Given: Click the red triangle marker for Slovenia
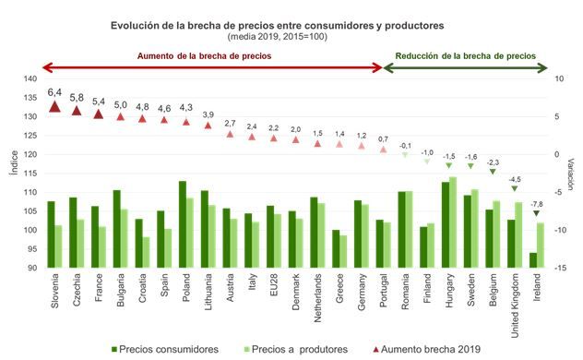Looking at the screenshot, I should click(54, 107).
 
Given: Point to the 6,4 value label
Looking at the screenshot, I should click(54, 92).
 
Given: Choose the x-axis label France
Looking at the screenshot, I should click(98, 291).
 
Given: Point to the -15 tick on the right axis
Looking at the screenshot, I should click(559, 268).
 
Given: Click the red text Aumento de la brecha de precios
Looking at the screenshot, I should click(210, 56).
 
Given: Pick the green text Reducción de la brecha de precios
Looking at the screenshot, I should click(465, 56).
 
